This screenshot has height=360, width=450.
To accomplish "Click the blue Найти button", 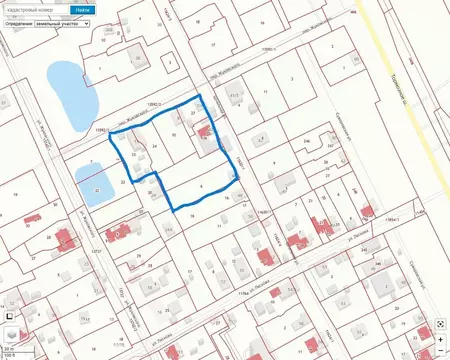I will click(82, 10).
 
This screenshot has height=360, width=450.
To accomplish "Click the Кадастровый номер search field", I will click(37, 10).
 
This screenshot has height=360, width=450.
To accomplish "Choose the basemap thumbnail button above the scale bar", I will click(12, 332).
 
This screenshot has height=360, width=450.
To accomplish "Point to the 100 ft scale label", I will click(9, 355).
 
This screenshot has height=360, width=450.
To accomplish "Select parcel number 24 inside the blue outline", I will click(154, 145).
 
